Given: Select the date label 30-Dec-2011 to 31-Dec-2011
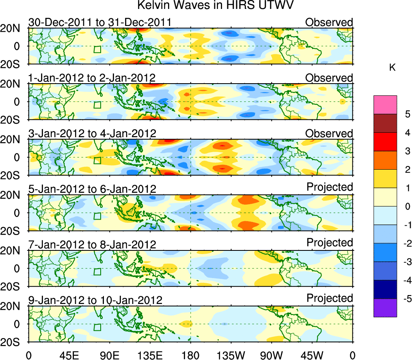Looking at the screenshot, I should click(x=99, y=22).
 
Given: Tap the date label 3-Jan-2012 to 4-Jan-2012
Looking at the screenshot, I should click(x=92, y=134).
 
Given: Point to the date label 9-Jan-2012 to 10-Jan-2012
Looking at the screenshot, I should click(x=95, y=300).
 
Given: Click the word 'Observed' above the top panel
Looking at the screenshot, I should click(x=329, y=22).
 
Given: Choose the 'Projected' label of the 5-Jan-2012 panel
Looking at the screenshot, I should click(x=330, y=187).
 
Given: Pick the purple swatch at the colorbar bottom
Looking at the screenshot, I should click(x=385, y=308).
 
